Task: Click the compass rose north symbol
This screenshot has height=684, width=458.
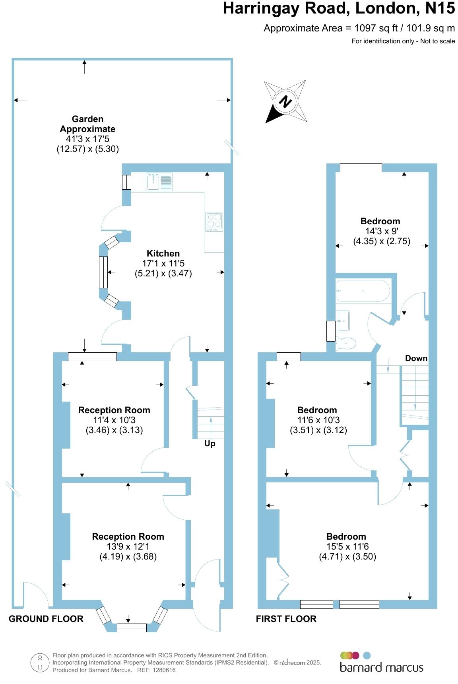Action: coord(285,101)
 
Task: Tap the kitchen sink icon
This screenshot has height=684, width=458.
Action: coord(159,182)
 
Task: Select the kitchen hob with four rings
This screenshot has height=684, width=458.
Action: coord(214,222)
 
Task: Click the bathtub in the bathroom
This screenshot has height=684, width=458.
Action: coord(363,291)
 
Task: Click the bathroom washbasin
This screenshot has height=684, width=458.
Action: coord(343,321)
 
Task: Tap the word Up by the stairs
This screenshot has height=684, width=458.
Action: coord(210,443)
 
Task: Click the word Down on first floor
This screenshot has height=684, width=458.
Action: coord(416,358)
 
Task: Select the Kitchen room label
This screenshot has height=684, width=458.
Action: coord(163,253)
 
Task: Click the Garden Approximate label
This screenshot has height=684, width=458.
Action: coord(87,124)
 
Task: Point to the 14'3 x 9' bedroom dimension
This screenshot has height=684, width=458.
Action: coord(382,231)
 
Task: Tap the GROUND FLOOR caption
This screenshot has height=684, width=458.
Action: coord(46,619)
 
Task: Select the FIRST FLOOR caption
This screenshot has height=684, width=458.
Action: coord(286,619)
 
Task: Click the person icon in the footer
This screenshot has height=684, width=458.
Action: coord(40,663)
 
